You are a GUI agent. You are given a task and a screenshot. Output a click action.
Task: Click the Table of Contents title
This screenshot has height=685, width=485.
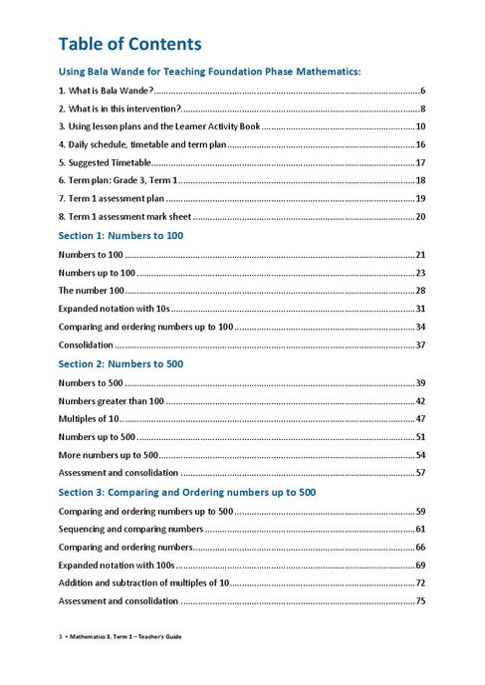coord(130,44)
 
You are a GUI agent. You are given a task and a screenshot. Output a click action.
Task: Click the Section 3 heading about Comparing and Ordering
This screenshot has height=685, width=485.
coord(187,492)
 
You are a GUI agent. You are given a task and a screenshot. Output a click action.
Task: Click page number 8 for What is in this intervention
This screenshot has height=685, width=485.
coord(423,109)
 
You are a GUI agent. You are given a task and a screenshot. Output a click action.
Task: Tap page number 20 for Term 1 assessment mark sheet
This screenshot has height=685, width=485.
coord(420,216)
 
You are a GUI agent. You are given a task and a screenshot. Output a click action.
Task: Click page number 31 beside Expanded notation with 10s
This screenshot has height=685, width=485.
coord(420,309)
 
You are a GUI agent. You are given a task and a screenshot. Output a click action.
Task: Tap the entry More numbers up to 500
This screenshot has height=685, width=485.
coord(109,454)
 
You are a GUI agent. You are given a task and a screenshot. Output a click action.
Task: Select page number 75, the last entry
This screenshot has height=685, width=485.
coord(420,600)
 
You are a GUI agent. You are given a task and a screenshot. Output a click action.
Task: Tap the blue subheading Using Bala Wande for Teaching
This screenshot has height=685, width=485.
coord(209,72)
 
